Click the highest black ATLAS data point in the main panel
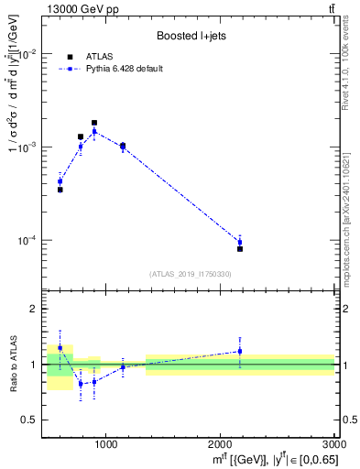coord(94,123)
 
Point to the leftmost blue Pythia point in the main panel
coord(60,181)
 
